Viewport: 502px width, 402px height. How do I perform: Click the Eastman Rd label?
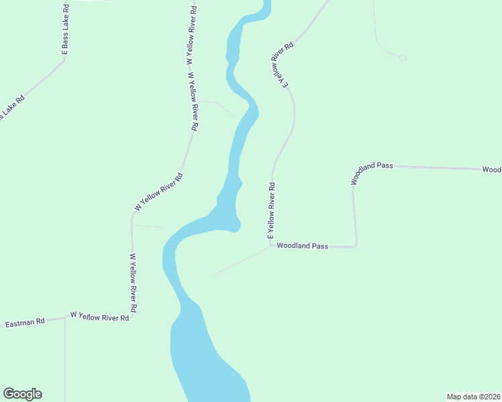24,322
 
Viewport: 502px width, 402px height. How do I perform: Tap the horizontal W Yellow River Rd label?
99,316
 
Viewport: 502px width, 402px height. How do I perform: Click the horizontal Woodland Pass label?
302,246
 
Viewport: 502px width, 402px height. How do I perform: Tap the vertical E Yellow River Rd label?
272,210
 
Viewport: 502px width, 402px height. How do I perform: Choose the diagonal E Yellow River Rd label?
283,66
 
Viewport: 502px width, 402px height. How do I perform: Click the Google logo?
22,394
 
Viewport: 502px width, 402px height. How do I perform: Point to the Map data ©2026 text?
473,397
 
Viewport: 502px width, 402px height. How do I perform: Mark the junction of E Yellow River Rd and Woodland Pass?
270,245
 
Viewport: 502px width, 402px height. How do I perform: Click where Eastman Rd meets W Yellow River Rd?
65,318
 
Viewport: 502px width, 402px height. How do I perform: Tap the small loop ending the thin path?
402,58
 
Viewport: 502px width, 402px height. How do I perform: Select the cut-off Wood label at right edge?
491,170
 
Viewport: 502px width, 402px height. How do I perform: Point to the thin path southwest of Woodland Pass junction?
238,261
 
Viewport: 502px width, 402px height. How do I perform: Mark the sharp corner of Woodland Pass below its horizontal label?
356,246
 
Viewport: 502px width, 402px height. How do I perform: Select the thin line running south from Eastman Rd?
65,362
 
